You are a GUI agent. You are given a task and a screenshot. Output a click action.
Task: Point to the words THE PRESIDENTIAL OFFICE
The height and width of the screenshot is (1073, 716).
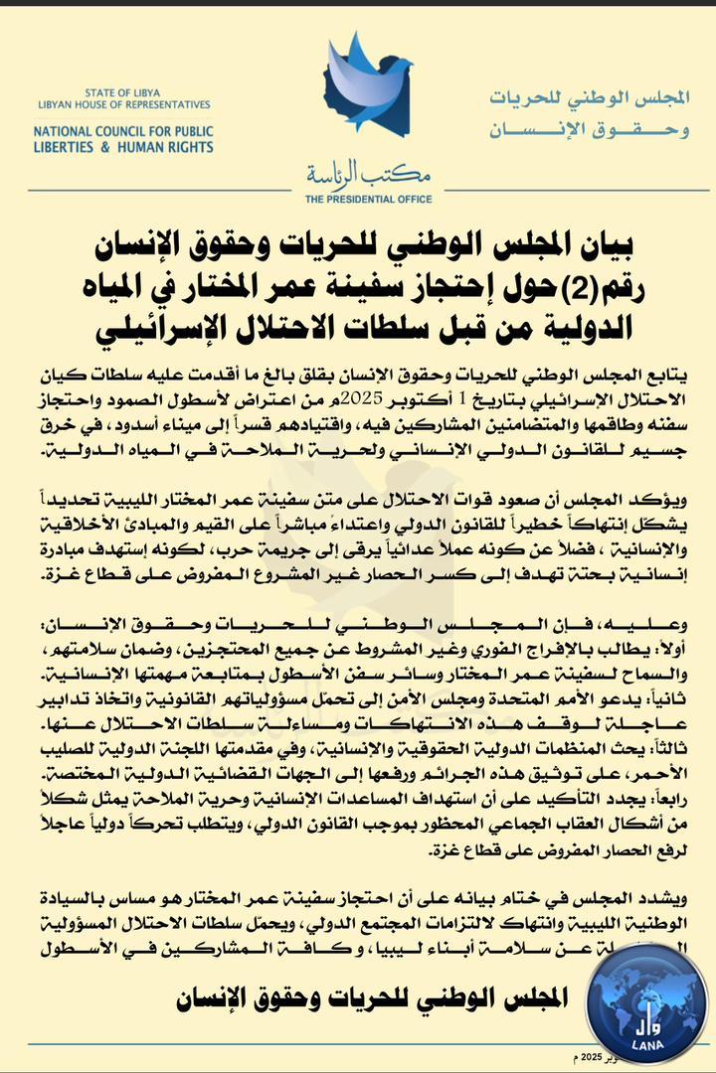click(356, 199)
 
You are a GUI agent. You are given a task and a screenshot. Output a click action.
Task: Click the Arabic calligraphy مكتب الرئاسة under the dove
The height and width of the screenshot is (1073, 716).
click(356, 176)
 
